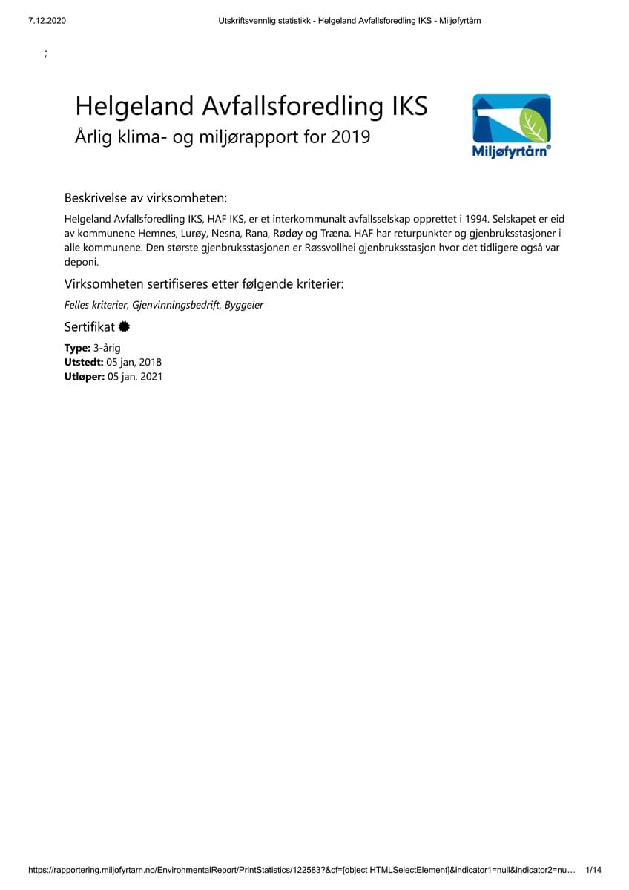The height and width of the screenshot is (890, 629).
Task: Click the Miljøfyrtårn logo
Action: pos(512,126)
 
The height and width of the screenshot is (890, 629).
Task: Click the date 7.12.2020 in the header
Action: pos(47,21)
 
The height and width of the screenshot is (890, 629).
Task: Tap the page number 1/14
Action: pos(593,870)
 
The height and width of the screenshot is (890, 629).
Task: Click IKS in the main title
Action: pos(409,106)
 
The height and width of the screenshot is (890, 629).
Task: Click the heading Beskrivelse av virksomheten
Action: pos(145,198)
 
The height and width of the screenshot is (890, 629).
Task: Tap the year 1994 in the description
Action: pos(476,220)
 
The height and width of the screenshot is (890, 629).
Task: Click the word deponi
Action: pos(81,262)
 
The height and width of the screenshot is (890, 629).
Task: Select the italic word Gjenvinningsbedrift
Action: pos(176,305)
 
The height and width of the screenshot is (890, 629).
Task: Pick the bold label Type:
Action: pos(77,348)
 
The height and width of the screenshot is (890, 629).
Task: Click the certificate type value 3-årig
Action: pos(107,348)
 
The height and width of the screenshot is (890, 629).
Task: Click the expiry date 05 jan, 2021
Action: pos(135,376)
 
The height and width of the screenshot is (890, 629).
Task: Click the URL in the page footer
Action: pos(301,870)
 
